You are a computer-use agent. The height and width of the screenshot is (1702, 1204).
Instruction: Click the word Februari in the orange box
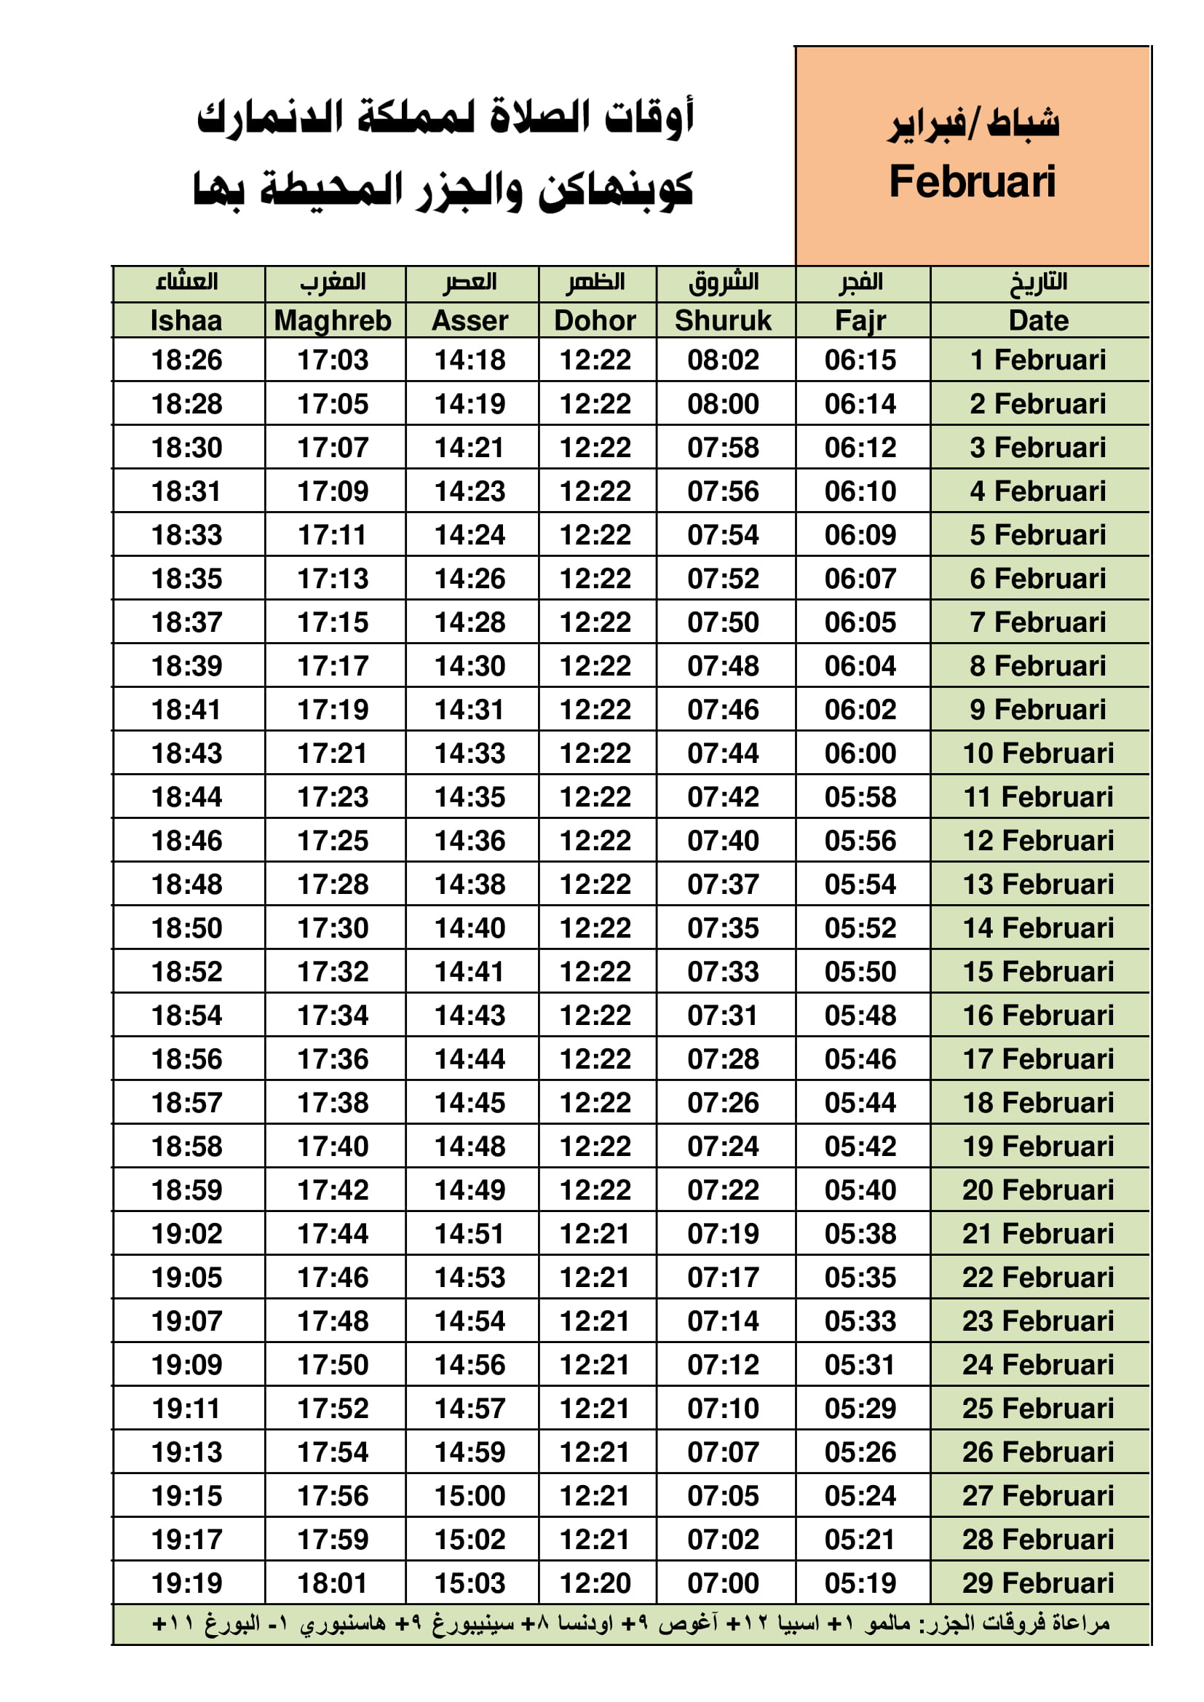pos(972,181)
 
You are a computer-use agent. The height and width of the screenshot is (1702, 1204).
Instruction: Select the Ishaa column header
pos(186,320)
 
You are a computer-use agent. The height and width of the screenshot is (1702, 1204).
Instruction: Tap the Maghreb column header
pos(333,320)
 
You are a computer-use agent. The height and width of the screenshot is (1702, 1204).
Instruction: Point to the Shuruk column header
pos(723,320)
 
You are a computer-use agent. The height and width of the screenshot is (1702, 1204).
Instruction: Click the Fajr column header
pos(860,320)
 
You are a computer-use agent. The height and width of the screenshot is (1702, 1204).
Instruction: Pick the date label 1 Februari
pos(1038,360)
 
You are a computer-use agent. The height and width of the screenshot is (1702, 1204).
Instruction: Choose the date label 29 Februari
pos(1038,1583)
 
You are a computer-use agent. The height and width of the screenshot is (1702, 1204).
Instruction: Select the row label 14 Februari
pos(1038,927)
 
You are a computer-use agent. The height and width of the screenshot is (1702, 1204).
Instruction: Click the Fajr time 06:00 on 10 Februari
pos(860,753)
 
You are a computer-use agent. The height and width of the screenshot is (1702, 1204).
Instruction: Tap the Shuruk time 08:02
pos(723,360)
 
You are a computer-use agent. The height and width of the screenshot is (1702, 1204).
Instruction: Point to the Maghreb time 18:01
pos(333,1583)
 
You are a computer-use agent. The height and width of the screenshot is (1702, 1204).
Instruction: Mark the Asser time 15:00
pos(470,1495)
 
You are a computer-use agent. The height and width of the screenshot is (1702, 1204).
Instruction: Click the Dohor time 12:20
pos(595,1583)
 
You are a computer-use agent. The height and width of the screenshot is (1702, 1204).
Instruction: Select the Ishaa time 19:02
pos(186,1233)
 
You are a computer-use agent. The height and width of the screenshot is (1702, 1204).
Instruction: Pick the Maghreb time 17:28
pos(333,884)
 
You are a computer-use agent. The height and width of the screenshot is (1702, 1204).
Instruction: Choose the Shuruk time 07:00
pos(723,1583)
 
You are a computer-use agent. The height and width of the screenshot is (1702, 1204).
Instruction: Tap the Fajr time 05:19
pos(860,1583)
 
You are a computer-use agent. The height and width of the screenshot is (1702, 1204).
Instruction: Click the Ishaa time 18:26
pos(186,360)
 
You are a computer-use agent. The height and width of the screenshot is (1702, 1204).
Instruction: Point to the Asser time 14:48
pos(470,1146)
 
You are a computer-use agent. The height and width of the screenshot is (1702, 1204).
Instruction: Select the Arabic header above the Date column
pos(1038,282)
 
